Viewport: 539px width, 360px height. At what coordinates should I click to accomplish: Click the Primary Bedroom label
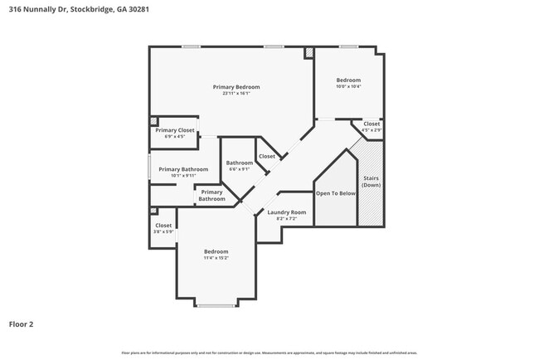pyautogui.click(x=236, y=87)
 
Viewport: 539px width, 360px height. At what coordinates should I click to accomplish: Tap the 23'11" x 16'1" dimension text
pyautogui.click(x=236, y=94)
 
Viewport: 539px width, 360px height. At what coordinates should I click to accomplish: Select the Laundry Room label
pyautogui.click(x=287, y=212)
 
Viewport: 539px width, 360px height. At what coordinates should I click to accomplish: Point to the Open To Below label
pyautogui.click(x=336, y=193)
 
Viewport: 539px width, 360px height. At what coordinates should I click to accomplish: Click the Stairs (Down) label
pyautogui.click(x=371, y=182)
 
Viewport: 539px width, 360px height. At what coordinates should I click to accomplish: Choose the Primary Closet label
pyautogui.click(x=175, y=130)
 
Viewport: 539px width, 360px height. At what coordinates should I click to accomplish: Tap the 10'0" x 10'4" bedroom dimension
pyautogui.click(x=348, y=87)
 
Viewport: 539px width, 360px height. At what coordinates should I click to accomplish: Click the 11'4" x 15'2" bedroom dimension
pyautogui.click(x=216, y=258)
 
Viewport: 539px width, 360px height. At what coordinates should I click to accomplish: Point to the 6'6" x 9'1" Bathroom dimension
pyautogui.click(x=240, y=169)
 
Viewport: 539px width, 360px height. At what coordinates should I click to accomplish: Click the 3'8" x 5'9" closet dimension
pyautogui.click(x=163, y=232)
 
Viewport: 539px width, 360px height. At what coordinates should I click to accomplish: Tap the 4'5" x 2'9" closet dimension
pyautogui.click(x=371, y=130)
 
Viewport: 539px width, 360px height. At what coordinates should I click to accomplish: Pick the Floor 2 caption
pyautogui.click(x=21, y=324)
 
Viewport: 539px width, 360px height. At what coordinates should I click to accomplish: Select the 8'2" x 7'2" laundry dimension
pyautogui.click(x=287, y=219)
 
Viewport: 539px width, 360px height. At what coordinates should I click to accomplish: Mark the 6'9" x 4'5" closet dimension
pyautogui.click(x=175, y=137)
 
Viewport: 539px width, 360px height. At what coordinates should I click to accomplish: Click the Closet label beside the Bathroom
pyautogui.click(x=267, y=156)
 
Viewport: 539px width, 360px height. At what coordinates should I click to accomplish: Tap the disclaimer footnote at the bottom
pyautogui.click(x=269, y=353)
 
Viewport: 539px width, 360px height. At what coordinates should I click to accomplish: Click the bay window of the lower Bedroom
pyautogui.click(x=216, y=306)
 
